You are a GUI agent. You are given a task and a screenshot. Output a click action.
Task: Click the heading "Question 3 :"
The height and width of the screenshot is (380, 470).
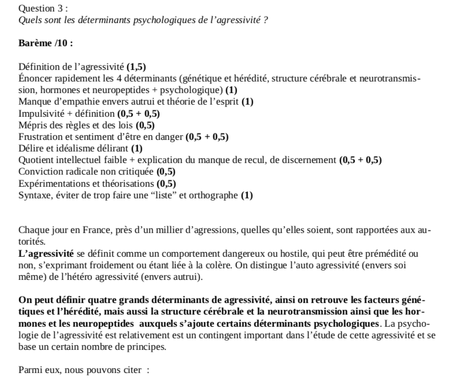pyautogui.click(x=43, y=9)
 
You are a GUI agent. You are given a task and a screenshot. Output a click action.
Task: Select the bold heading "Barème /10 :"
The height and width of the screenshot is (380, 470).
pyautogui.click(x=46, y=44)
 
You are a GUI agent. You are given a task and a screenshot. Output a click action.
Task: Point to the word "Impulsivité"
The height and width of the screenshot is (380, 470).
pyautogui.click(x=42, y=113)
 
